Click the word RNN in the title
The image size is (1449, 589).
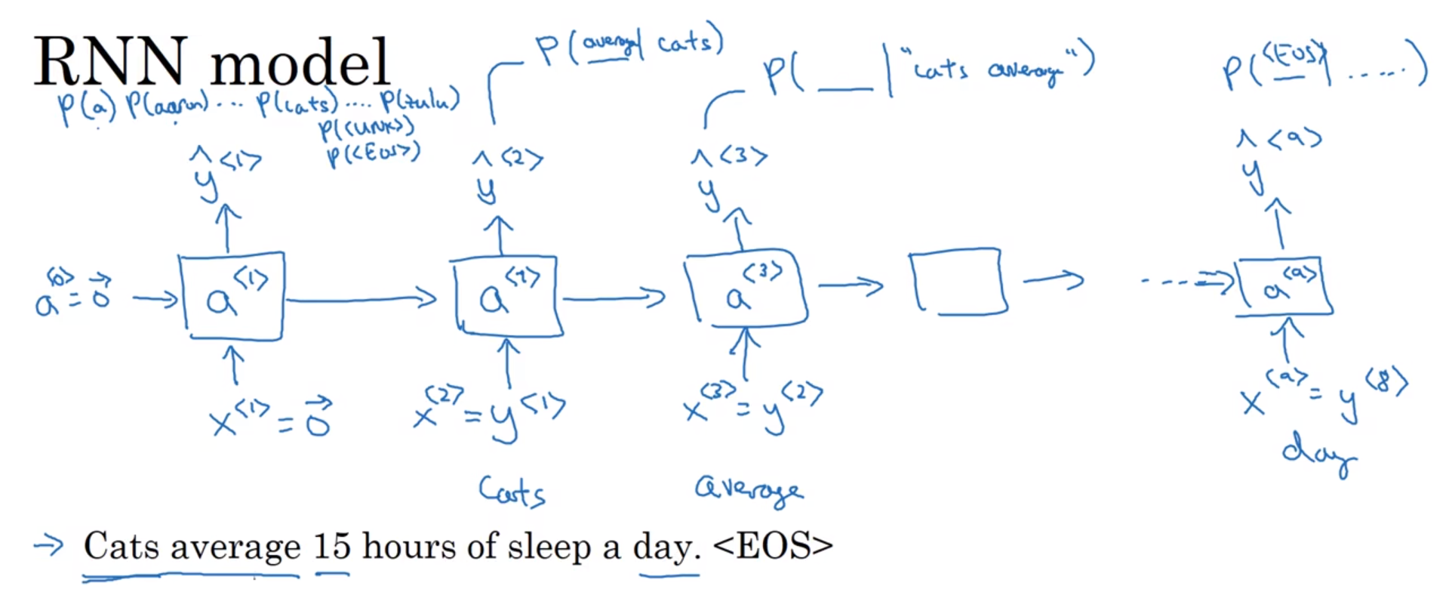pyautogui.click(x=110, y=62)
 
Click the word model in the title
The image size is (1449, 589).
pyautogui.click(x=300, y=62)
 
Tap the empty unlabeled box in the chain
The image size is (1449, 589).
pyautogui.click(x=958, y=281)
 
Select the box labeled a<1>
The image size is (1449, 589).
pyautogui.click(x=232, y=297)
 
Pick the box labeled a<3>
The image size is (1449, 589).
pyautogui.click(x=746, y=291)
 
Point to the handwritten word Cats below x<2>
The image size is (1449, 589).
pyautogui.click(x=511, y=492)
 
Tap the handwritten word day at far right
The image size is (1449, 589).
pyautogui.click(x=1318, y=453)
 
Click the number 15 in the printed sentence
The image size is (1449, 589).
pyautogui.click(x=332, y=546)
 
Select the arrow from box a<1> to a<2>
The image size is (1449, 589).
pyautogui.click(x=361, y=300)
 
